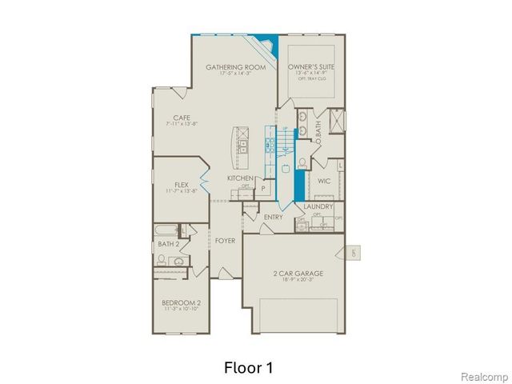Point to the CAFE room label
click(x=182, y=118)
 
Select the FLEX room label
click(x=181, y=184)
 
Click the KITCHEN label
click(x=240, y=178)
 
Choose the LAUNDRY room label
click(x=318, y=206)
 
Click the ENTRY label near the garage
click(x=274, y=217)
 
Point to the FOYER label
click(x=225, y=240)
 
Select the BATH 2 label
click(x=167, y=244)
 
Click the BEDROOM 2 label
click(x=181, y=302)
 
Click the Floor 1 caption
click(x=247, y=367)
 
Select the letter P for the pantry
click(x=262, y=188)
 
